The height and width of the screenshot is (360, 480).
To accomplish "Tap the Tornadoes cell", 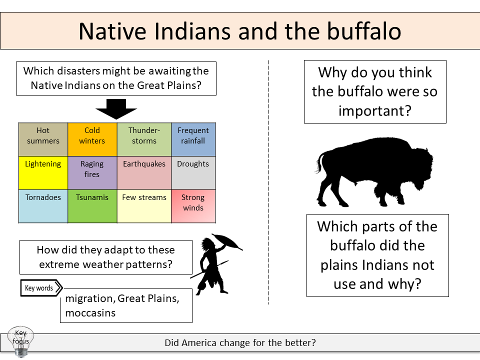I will [x=43, y=205].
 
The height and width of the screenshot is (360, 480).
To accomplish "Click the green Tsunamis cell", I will [x=92, y=205].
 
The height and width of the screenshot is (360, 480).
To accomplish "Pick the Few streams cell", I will [x=144, y=205].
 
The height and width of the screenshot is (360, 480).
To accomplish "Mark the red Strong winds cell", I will [x=193, y=205].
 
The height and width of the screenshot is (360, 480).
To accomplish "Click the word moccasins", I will [x=90, y=313].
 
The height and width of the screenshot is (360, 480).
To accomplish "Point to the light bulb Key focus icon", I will [x=21, y=341].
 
